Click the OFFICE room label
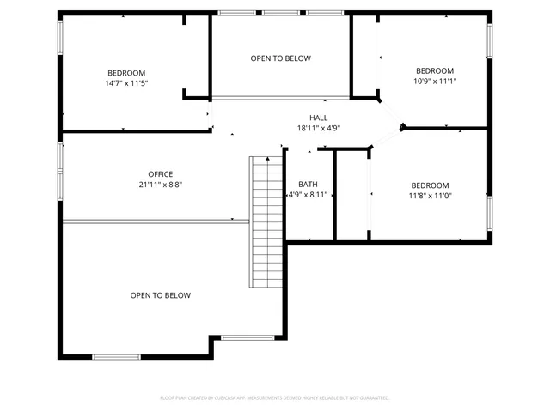coord(160,174)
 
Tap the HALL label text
coord(318,118)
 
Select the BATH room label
coord(308,185)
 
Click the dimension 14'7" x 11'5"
coord(126,83)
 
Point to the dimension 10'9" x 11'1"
coord(435,82)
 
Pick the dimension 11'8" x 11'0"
coord(430,196)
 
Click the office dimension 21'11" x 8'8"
coord(160,185)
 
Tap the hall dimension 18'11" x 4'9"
coord(318,128)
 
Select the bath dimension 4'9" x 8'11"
coord(308,195)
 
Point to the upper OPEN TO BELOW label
coord(280,58)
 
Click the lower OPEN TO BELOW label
coord(160,295)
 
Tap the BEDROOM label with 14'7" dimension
coord(126,73)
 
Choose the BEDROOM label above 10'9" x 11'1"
coord(435,70)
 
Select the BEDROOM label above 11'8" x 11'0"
coord(430,185)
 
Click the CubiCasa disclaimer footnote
coord(275,398)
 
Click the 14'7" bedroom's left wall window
coord(60,39)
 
